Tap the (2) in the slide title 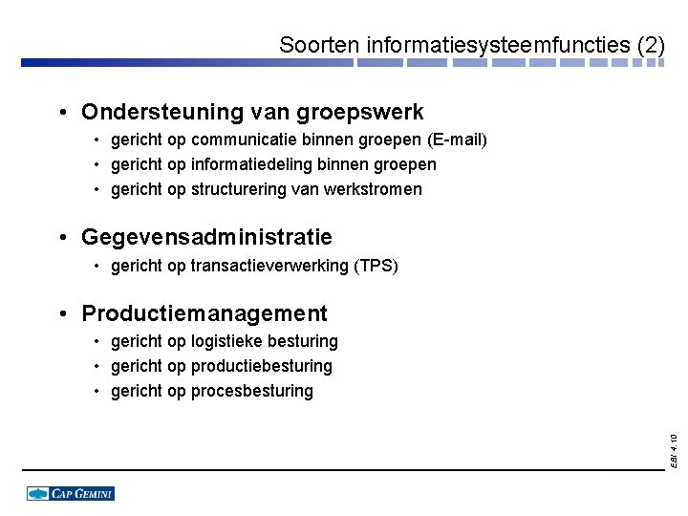(650, 45)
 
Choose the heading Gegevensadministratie (206, 237)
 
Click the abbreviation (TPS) (376, 266)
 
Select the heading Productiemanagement (204, 314)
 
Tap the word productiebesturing (262, 366)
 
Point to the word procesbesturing (252, 391)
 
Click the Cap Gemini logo (71, 493)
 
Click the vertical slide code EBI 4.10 (674, 450)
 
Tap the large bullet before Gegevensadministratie (60, 237)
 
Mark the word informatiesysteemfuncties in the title (498, 45)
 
